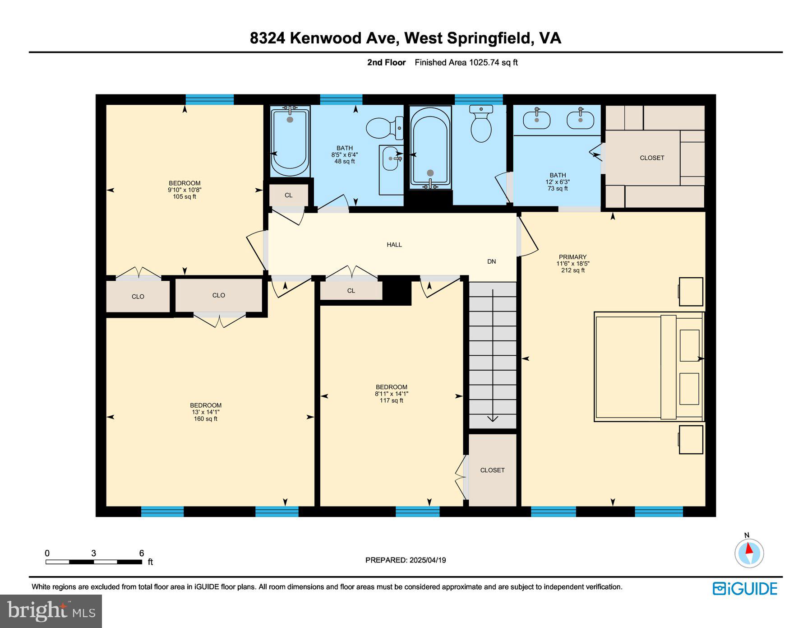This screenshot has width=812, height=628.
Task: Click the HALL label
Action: point(394,245)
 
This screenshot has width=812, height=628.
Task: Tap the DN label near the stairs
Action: point(491,261)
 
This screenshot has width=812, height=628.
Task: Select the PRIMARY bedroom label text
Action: point(572,257)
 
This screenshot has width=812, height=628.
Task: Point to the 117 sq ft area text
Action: point(391,400)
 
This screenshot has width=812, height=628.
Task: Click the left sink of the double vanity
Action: point(536,120)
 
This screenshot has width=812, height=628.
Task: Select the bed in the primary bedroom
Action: point(648,367)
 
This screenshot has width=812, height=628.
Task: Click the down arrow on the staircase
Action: point(493,418)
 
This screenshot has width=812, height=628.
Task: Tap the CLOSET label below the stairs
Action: point(492,470)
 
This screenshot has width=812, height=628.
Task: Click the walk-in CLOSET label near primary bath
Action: point(652,158)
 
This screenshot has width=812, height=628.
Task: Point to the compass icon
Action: point(749,553)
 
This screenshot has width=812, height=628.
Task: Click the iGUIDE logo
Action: point(745,589)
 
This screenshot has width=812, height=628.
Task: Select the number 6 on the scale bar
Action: point(141,553)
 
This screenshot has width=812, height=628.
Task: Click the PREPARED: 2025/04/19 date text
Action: point(406,560)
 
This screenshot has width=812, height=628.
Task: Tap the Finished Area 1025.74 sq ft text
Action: point(466,62)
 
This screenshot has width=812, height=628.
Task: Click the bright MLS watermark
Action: point(51,611)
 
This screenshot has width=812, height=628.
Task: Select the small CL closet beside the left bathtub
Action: point(289,195)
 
